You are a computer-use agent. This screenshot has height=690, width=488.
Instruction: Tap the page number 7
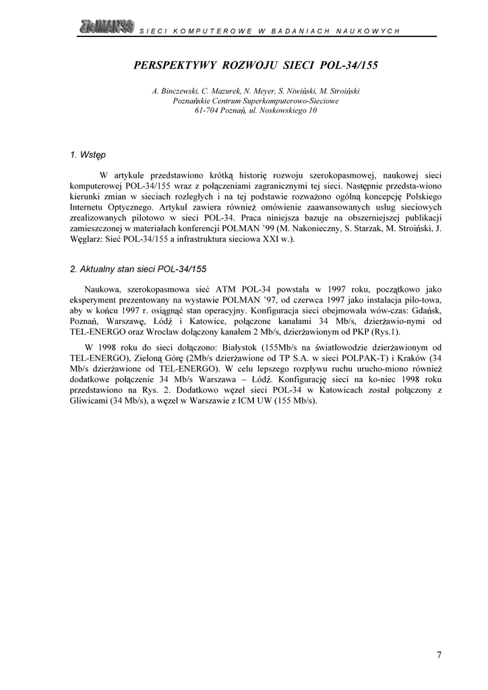pyautogui.click(x=439, y=654)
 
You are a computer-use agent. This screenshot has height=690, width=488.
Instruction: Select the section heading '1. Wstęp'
pyautogui.click(x=84, y=155)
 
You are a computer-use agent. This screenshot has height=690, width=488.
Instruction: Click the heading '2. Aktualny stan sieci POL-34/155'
pyautogui.click(x=138, y=269)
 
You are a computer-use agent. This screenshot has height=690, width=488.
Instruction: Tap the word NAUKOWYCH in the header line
pyautogui.click(x=373, y=31)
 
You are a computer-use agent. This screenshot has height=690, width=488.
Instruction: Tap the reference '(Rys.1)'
pyautogui.click(x=385, y=332)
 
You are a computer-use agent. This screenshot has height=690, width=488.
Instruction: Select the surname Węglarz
pyautogui.click(x=88, y=240)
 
